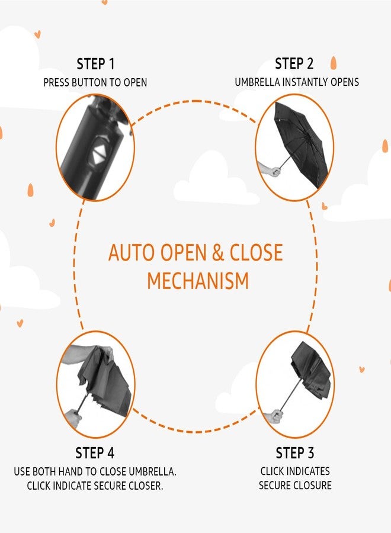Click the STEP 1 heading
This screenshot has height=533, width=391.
coord(95,64)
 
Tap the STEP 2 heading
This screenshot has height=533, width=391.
coord(294,63)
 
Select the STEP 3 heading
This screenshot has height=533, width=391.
coord(295,453)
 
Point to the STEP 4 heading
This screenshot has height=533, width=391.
coord(95,453)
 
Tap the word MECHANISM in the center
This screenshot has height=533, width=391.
coord(198,281)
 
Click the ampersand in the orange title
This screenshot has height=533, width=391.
coord(217,252)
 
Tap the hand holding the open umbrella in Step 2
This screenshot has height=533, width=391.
coord(271,169)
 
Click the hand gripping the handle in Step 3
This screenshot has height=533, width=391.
coord(275,416)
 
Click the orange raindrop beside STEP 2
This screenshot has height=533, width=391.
coord(334,63)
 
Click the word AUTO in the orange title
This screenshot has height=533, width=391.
coord(131,252)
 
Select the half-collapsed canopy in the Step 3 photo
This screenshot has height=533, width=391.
coord(311,371)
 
